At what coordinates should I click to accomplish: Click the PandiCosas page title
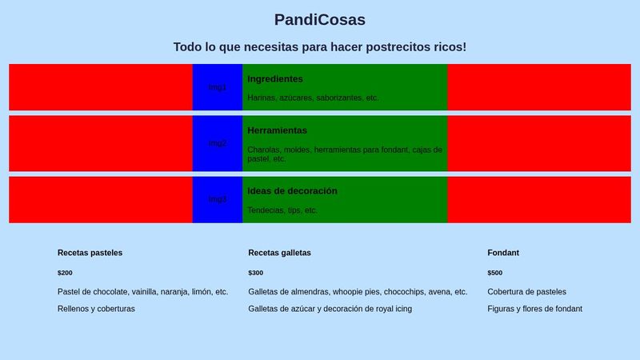[319, 20]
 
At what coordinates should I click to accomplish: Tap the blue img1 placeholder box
[217, 87]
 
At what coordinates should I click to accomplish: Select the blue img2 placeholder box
[217, 143]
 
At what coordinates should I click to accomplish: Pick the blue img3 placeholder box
[217, 199]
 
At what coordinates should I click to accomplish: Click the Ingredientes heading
[275, 79]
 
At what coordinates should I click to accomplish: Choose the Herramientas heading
[277, 130]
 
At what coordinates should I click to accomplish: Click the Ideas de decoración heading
[292, 191]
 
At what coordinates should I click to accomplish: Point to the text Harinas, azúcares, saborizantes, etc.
[313, 98]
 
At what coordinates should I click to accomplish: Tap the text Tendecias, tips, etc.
[282, 210]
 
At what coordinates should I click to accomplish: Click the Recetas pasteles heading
[90, 253]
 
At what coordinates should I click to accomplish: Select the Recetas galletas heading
[279, 253]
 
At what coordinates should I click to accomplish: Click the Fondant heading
[503, 253]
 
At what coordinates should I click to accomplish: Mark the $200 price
[65, 273]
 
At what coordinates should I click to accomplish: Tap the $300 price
[255, 273]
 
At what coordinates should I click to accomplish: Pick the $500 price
[495, 273]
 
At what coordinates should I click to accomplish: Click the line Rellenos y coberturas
[96, 309]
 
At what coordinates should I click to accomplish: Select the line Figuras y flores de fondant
[534, 309]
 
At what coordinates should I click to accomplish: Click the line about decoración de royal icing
[330, 309]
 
